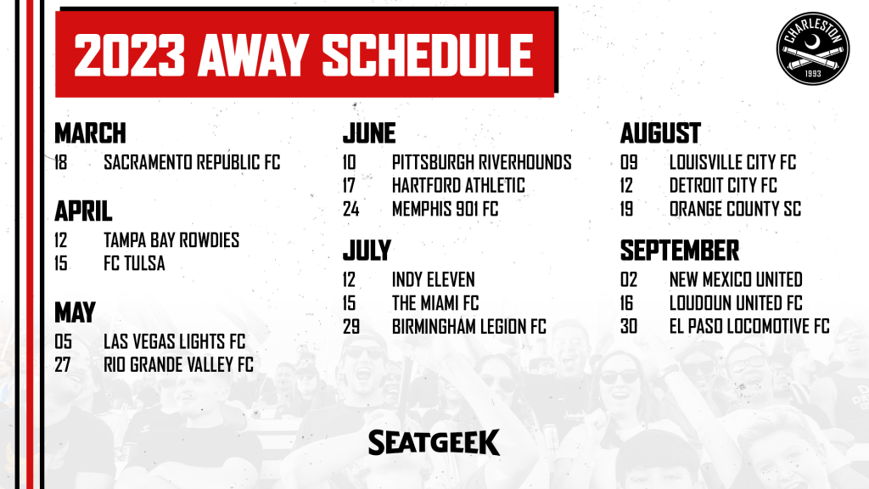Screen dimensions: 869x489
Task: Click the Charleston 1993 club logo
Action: [813, 48]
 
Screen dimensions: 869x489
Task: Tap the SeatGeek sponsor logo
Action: [434, 442]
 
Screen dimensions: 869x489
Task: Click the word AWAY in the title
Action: [253, 55]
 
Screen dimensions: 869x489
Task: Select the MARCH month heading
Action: [90, 133]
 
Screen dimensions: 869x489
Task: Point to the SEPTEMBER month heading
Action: [680, 250]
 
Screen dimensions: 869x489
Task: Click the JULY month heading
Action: [367, 250]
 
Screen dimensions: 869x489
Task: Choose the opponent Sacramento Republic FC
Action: [192, 162]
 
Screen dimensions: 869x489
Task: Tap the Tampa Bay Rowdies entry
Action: [171, 240]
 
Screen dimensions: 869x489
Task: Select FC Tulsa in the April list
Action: [134, 263]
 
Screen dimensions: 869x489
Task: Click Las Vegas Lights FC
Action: [174, 341]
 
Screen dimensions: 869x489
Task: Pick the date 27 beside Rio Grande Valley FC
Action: [63, 365]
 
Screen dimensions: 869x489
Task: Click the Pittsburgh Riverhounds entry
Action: [482, 162]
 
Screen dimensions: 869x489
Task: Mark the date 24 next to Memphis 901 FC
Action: [350, 209]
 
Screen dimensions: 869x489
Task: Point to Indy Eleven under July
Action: [434, 279]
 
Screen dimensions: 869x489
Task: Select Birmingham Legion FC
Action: [468, 327]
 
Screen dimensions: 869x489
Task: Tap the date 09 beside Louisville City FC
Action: [629, 162]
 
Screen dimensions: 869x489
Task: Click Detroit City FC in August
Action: [723, 186]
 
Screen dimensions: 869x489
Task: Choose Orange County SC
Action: [735, 209]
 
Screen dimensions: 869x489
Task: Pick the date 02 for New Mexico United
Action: [629, 279]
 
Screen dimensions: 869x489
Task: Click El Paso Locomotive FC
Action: [749, 327]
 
